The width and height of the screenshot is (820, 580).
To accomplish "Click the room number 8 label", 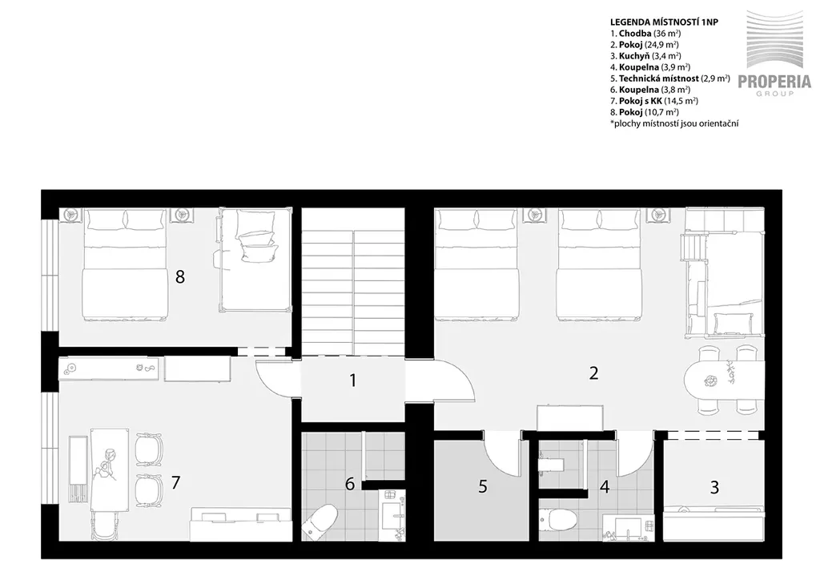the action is (180, 276).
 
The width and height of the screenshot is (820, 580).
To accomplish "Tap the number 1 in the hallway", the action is (353, 381).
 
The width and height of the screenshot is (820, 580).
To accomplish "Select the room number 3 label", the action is (714, 487).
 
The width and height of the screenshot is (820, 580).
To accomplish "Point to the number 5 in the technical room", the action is (483, 487).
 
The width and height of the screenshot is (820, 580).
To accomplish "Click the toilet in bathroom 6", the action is (320, 521).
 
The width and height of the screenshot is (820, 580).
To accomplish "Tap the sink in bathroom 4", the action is (628, 527).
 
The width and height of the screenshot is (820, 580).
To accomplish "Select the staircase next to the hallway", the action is (353, 282).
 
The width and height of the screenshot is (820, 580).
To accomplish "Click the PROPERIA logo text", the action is (774, 82).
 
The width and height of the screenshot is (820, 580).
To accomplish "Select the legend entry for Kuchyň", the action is (645, 56).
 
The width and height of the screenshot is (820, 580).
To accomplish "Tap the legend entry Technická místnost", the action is (670, 79).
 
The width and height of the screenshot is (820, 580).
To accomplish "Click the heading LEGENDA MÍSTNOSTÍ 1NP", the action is (664, 22).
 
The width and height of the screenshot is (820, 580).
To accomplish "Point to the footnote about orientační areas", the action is (674, 124).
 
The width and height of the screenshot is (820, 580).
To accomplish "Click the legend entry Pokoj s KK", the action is (654, 101).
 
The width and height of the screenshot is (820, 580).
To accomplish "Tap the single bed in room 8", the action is (255, 259).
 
